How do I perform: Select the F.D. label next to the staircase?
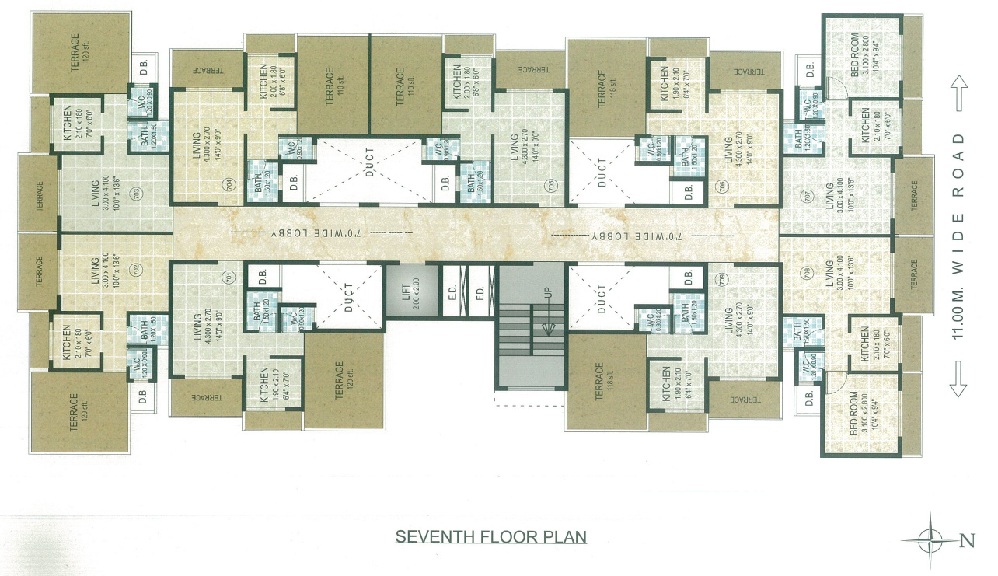pos(480,295)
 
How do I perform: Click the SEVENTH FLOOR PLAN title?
pos(490,536)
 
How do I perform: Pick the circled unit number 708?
pos(808,273)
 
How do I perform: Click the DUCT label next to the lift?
pos(348,296)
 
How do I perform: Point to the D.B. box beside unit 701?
pos(263,276)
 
